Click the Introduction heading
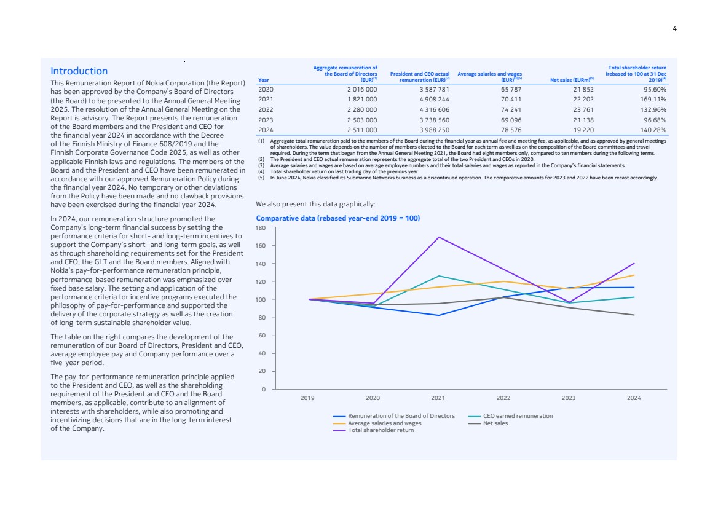click(79, 71)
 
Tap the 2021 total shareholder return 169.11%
click(653, 98)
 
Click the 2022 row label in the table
click(266, 109)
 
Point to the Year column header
click(264, 80)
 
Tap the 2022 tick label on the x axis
click(503, 398)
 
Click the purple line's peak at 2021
click(438, 237)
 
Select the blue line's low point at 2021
click(438, 315)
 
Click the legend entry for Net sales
click(495, 423)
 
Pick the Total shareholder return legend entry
click(381, 430)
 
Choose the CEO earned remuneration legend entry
click(518, 416)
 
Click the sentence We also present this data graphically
click(315, 204)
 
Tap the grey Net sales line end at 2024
click(634, 315)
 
